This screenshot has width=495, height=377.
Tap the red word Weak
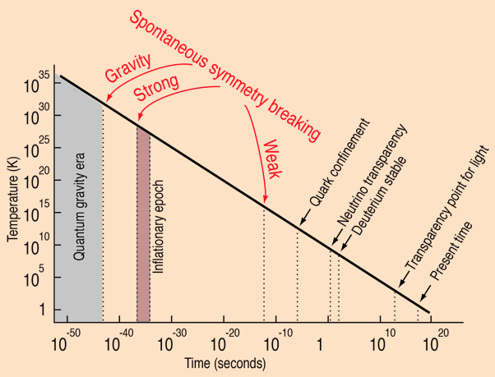pos(273,159)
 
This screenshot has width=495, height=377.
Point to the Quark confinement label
pos(339,164)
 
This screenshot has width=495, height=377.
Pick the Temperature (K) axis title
pos(13,199)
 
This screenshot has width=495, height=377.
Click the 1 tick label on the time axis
pos(317,346)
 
